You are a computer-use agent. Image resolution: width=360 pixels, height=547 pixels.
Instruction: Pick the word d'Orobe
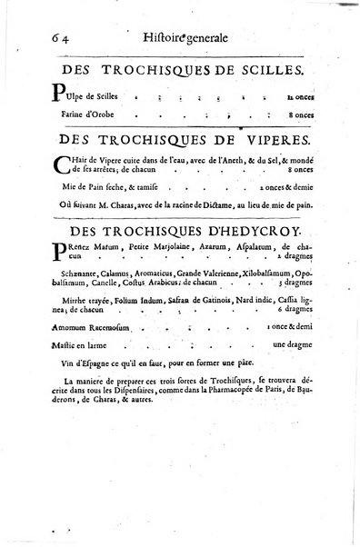(x=115, y=115)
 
